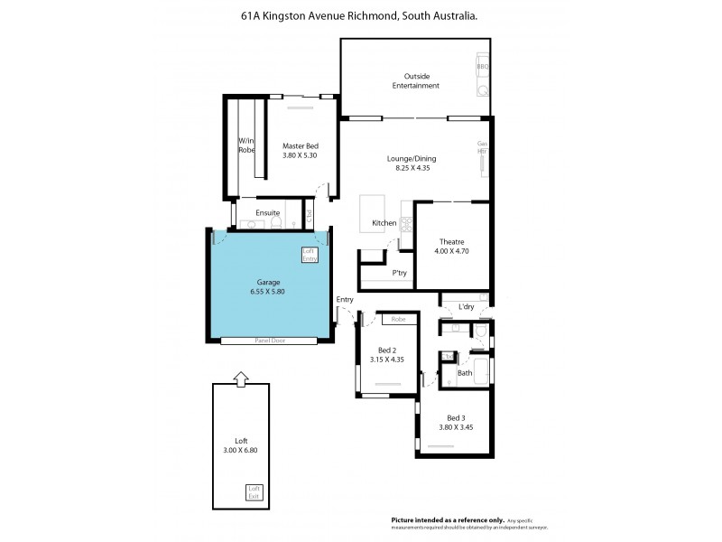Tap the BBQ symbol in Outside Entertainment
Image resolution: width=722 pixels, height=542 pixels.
pyautogui.click(x=483, y=65)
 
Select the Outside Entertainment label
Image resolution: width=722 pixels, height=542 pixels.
pyautogui.click(x=416, y=80)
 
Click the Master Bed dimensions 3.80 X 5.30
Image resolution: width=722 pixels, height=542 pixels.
pyautogui.click(x=300, y=155)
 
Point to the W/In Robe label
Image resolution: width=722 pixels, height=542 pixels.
pyautogui.click(x=246, y=145)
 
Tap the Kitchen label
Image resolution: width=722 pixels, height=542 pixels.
pyautogui.click(x=384, y=222)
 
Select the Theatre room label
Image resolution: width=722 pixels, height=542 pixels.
pyautogui.click(x=451, y=241)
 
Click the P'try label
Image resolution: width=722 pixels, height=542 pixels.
pyautogui.click(x=397, y=272)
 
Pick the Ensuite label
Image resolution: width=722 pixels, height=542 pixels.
pyautogui.click(x=267, y=213)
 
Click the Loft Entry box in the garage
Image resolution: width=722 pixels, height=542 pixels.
pyautogui.click(x=310, y=255)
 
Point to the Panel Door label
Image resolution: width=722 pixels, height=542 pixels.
pyautogui.click(x=270, y=341)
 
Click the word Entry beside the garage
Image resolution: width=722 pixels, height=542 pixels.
pyautogui.click(x=345, y=299)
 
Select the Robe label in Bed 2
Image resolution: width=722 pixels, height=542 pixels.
pyautogui.click(x=398, y=319)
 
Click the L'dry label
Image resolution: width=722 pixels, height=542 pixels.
pyautogui.click(x=466, y=307)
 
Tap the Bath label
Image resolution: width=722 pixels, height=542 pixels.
pyautogui.click(x=464, y=372)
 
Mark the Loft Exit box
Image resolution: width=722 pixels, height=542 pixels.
pyautogui.click(x=255, y=492)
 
